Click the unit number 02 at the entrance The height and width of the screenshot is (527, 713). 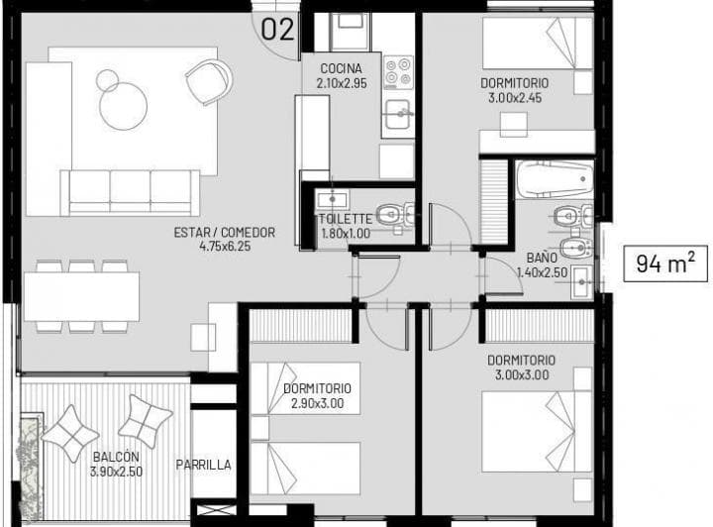pos(278,30)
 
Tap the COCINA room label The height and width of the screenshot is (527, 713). pos(342,68)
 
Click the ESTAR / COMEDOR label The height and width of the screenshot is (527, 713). pos(224,234)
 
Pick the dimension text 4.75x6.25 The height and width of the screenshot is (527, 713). pos(224,247)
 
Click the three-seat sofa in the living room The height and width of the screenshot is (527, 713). pos(130,190)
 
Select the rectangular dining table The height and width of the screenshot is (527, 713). pos(81,296)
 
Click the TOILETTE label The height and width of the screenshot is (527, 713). pos(345,220)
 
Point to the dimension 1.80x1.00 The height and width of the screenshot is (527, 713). pos(345,233)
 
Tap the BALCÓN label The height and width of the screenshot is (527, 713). pos(116,458)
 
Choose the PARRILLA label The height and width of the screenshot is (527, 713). pos(203,465)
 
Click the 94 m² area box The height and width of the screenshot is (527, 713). pos(664,264)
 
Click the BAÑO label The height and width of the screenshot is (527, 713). pos(543,258)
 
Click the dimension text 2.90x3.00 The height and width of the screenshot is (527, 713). pos(317,403)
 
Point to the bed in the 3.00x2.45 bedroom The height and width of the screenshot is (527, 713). pos(537,45)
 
